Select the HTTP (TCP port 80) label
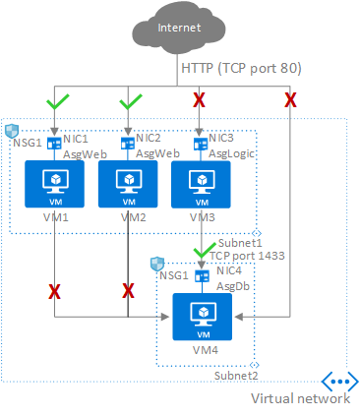pos(239,69)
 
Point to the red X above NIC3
pos(200,101)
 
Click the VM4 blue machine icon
pos(201,314)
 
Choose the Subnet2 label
pos(236,375)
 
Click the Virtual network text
pos(300,398)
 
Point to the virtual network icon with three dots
pos(338,381)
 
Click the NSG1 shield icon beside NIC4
pos(154,265)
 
